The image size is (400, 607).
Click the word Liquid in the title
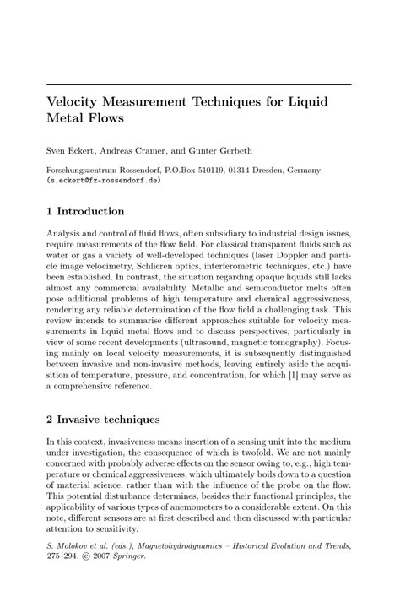point(305,100)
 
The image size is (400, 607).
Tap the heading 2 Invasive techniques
point(105,417)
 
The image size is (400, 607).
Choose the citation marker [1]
point(273,374)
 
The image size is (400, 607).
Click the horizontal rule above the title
point(200,84)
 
